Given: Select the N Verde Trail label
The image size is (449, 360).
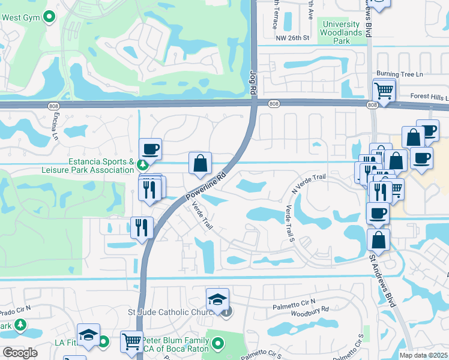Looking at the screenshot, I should [308, 182].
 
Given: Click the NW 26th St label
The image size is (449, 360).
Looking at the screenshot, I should [292, 38].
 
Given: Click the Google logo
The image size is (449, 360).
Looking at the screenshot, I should [19, 353].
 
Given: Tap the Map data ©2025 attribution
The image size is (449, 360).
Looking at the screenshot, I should [424, 355].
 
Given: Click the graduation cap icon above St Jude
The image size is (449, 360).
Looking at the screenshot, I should [217, 299].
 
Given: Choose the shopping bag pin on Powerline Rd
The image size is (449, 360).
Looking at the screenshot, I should [200, 163].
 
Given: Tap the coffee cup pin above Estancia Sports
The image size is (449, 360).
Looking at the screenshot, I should [149, 149].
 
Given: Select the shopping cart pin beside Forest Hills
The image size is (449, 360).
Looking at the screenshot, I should [383, 92].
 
